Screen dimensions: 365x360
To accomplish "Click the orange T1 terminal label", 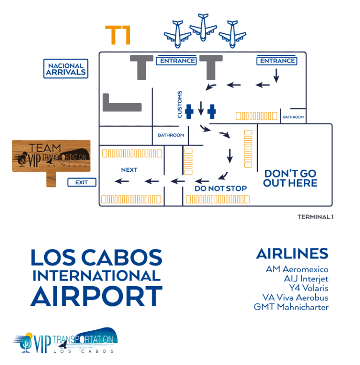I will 118,35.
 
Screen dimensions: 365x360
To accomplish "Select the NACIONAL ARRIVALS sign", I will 66,69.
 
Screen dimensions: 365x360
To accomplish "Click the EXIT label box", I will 82,182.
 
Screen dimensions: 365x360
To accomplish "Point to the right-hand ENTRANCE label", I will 277,61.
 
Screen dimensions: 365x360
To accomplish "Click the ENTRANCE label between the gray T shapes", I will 177,61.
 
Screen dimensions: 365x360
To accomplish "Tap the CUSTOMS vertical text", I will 180,104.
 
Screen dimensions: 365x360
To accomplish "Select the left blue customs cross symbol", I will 189,111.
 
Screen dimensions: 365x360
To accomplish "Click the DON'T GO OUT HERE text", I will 290,178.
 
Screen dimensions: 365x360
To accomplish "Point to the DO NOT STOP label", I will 220,189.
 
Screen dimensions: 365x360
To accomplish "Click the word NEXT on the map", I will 129,170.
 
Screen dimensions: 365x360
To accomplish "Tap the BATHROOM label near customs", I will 171,135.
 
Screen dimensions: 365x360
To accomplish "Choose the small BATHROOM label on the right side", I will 293,117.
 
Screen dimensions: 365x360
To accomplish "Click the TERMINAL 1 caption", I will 315,217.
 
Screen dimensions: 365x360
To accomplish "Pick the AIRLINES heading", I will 292,254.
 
